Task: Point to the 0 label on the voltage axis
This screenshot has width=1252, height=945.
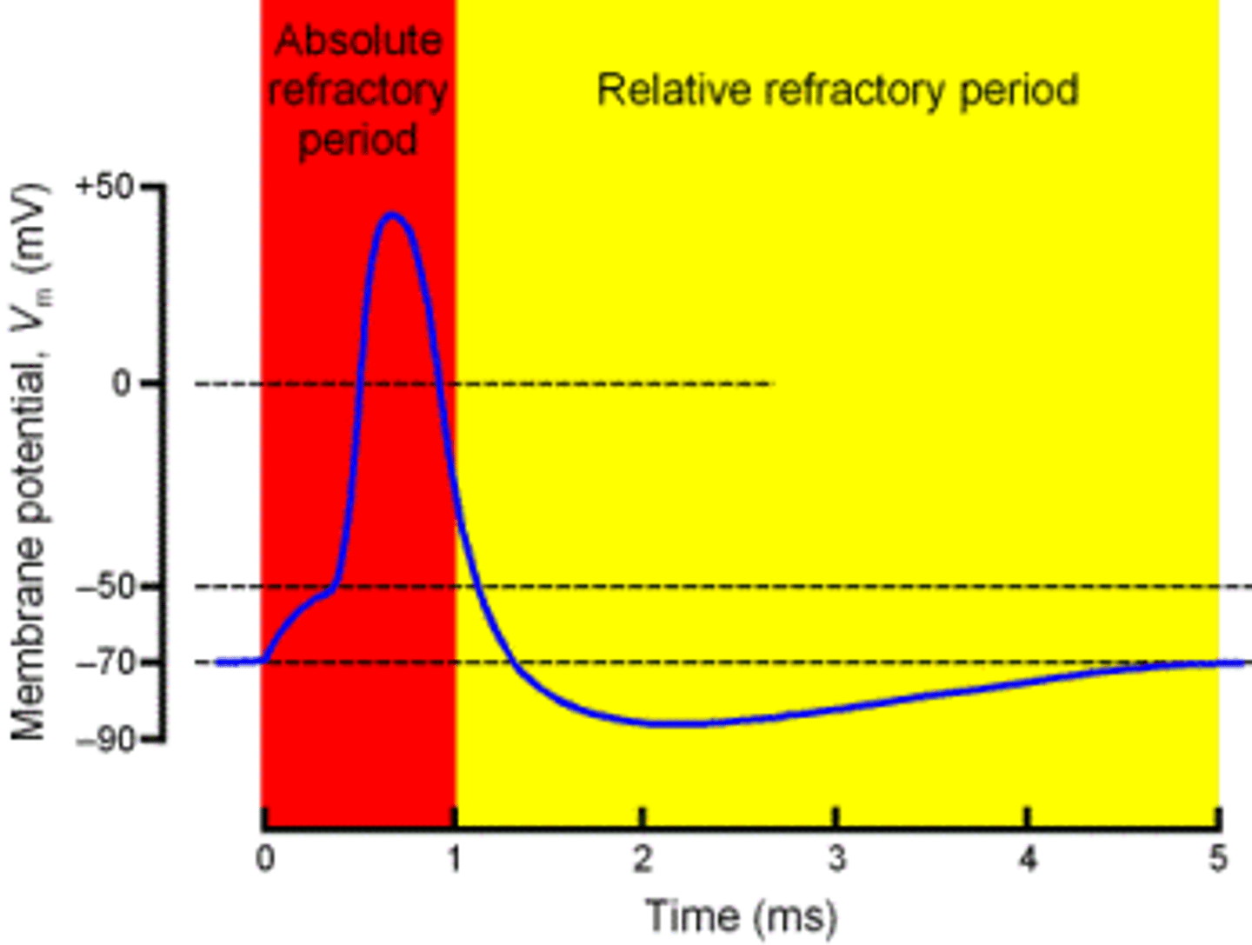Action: click(x=123, y=383)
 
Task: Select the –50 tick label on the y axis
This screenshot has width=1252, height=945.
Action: click(x=106, y=587)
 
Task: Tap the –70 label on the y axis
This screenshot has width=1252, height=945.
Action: click(x=106, y=662)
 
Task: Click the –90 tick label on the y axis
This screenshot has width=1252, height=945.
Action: click(x=106, y=740)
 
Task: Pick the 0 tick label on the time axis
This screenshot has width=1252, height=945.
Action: click(x=265, y=859)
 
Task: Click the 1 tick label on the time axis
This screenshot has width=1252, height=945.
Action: click(x=455, y=859)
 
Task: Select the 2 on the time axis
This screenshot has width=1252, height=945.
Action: click(x=643, y=859)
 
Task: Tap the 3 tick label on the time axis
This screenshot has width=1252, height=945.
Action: click(x=836, y=859)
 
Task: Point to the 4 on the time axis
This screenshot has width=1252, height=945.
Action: click(x=1028, y=859)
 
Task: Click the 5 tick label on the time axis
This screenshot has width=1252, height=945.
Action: click(x=1218, y=859)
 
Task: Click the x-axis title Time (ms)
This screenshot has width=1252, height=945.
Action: click(x=742, y=915)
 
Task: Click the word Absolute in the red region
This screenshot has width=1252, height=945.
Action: click(x=358, y=41)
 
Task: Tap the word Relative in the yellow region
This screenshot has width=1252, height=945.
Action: click(x=673, y=90)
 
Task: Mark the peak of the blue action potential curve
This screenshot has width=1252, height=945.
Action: click(x=392, y=214)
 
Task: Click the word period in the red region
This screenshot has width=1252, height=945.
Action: click(x=358, y=140)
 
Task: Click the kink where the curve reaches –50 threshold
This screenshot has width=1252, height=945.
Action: click(x=334, y=588)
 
